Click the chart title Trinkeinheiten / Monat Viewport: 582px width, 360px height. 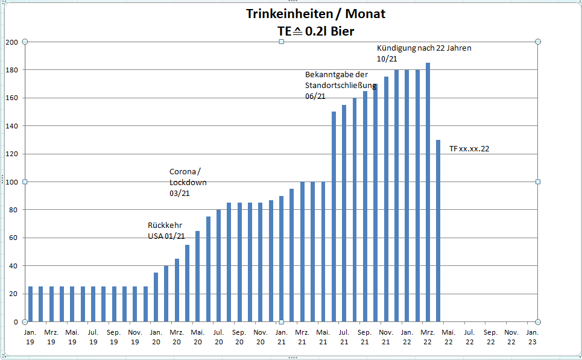point(315,14)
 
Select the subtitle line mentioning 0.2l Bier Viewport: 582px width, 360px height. point(315,31)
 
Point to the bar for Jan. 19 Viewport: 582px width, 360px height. point(30,304)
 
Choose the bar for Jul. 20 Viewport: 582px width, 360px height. point(218,265)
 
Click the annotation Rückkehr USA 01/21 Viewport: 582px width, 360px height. point(166,230)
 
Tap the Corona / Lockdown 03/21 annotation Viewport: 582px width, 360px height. point(188,182)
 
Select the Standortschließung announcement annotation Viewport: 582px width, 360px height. point(340,85)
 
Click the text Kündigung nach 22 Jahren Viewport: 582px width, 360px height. point(424,48)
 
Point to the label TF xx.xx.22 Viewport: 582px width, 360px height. point(469,149)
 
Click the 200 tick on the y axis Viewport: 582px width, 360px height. point(12,42)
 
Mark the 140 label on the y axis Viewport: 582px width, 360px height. point(12,126)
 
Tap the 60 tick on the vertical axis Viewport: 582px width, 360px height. point(14,238)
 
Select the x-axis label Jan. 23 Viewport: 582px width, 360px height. point(532,336)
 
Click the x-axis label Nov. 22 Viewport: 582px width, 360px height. point(511,336)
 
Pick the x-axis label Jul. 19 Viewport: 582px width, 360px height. point(93,336)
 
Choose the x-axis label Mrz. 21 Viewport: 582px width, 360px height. point(302,336)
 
